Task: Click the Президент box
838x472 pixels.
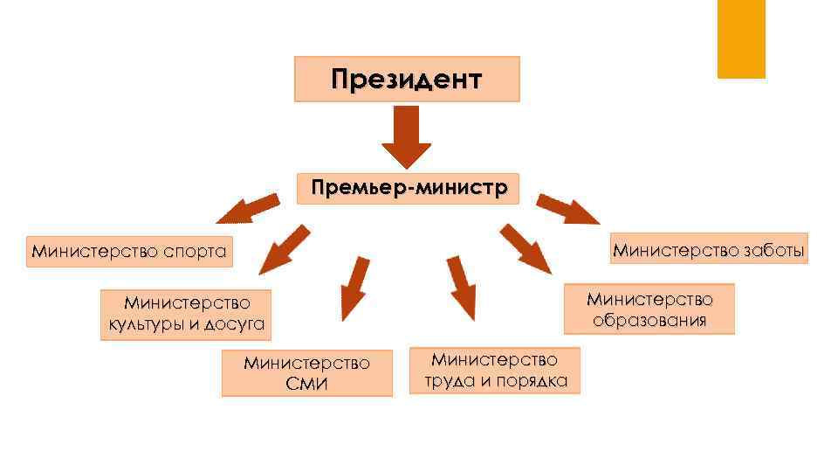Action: click(x=406, y=80)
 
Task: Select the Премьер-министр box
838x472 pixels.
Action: click(x=408, y=188)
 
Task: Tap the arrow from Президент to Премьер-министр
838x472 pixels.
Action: click(x=406, y=136)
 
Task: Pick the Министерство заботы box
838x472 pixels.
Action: click(x=709, y=249)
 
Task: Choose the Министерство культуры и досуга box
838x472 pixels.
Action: click(x=186, y=315)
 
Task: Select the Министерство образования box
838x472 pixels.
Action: click(x=649, y=309)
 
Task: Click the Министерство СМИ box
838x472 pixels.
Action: click(x=306, y=372)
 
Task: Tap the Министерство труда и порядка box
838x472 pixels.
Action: click(x=495, y=370)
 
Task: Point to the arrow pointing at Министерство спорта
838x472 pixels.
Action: click(x=247, y=209)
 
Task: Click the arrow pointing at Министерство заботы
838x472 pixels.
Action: click(x=568, y=211)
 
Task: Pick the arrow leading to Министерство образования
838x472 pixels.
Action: click(x=525, y=248)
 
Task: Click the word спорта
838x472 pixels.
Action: click(x=194, y=253)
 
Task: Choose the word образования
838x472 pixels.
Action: click(x=649, y=320)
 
